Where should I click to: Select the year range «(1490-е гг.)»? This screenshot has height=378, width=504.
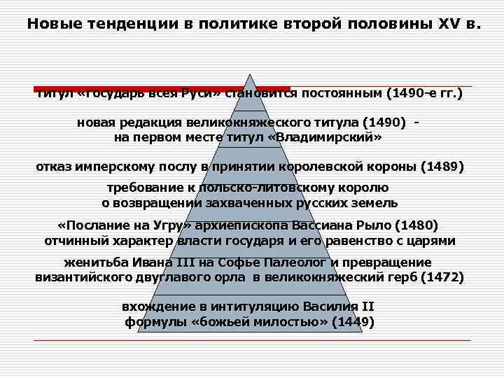coord(427,93)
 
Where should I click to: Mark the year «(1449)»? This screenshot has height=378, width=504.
coord(353,322)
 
